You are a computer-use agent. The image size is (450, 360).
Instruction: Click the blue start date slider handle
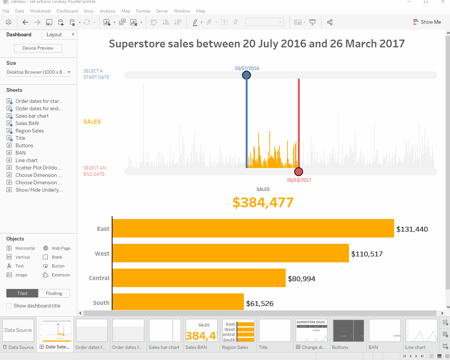pos(246,75)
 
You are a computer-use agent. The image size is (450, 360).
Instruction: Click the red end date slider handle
pos(299,172)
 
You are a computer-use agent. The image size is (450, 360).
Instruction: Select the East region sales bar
pos(253,228)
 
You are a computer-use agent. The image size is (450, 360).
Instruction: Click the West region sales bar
pos(230,253)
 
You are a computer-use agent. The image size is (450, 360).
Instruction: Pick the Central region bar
pos(199,278)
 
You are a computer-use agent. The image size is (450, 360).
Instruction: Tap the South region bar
pos(178,302)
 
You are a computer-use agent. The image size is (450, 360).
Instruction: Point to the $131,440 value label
pos(412,229)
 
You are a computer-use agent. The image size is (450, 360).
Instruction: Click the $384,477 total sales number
pos(263,202)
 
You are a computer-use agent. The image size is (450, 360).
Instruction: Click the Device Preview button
pos(38,48)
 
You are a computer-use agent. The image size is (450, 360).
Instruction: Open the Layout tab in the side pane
pos(54,34)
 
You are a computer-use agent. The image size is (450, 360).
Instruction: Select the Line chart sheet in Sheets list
pos(26,160)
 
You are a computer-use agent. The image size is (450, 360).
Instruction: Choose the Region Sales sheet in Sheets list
pos(30,131)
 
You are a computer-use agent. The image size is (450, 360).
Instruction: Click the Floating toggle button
pos(54,293)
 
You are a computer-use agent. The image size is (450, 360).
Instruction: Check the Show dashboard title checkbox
pos(9,306)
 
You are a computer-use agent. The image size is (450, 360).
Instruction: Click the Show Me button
pos(427,22)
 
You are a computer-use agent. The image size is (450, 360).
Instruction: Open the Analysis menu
pos(107,11)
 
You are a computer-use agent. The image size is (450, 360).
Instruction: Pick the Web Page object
pos(61,248)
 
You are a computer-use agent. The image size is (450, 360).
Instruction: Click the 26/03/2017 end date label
pos(299,180)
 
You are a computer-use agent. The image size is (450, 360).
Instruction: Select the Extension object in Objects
pos(61,275)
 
